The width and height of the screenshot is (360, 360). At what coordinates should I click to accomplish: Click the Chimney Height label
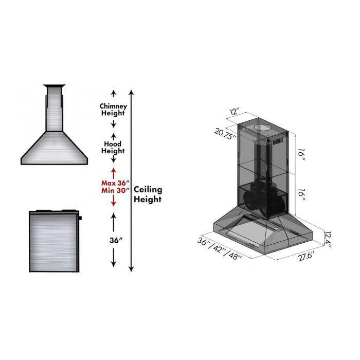tap(113, 109)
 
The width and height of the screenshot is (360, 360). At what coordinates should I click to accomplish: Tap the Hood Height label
tap(113, 148)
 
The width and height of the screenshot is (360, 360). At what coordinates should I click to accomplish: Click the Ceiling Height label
tap(148, 194)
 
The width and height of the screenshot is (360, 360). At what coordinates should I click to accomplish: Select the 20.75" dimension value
tap(225, 134)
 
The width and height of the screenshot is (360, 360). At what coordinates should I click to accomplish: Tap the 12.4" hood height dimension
tap(328, 237)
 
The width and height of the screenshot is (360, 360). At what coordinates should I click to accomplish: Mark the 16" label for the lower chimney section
tap(302, 194)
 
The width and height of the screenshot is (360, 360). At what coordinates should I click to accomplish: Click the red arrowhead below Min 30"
tap(113, 204)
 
